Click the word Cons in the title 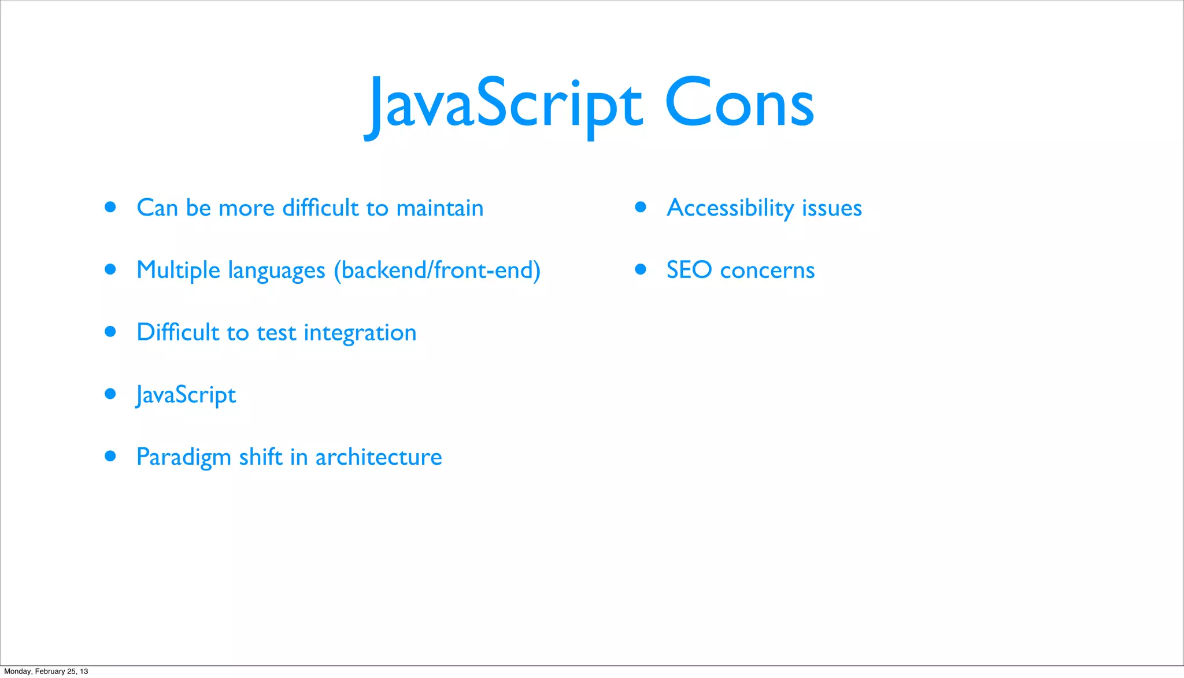click(x=739, y=104)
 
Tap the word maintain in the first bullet click(x=440, y=208)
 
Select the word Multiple click(x=178, y=271)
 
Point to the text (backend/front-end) click(x=437, y=271)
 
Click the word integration click(x=360, y=333)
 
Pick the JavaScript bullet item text click(x=186, y=395)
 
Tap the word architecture click(x=379, y=457)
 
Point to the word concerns click(x=767, y=271)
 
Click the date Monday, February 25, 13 click(x=46, y=672)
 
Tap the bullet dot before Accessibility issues click(x=640, y=207)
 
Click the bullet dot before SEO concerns click(x=640, y=269)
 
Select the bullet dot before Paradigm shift click(x=110, y=456)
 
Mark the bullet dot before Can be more click(x=110, y=207)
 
